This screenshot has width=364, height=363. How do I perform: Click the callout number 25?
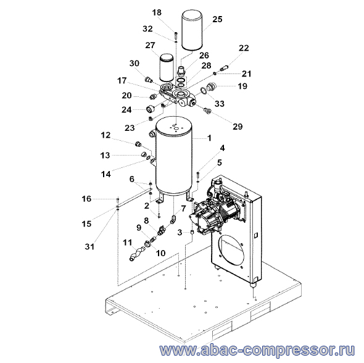217,19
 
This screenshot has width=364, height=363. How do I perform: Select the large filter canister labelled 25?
192,30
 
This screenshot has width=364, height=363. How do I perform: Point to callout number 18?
157,12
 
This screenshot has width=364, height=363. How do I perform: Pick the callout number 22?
244,48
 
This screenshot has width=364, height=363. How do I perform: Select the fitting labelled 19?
211,86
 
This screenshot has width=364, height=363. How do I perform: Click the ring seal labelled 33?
204,91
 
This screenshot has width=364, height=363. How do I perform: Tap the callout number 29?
238,127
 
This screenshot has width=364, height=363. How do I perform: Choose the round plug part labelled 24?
151,109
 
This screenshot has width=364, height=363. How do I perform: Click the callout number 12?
105,135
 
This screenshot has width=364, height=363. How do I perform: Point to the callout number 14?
106,174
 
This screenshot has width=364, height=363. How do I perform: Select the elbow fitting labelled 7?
174,219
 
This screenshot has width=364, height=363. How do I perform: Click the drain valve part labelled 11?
137,254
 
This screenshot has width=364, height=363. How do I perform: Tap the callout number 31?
89,246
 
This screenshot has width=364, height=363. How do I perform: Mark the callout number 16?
86,199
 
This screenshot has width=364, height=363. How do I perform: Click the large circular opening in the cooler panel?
231,250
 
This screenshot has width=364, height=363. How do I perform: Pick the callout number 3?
180,233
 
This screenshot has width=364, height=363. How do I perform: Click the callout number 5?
220,162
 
